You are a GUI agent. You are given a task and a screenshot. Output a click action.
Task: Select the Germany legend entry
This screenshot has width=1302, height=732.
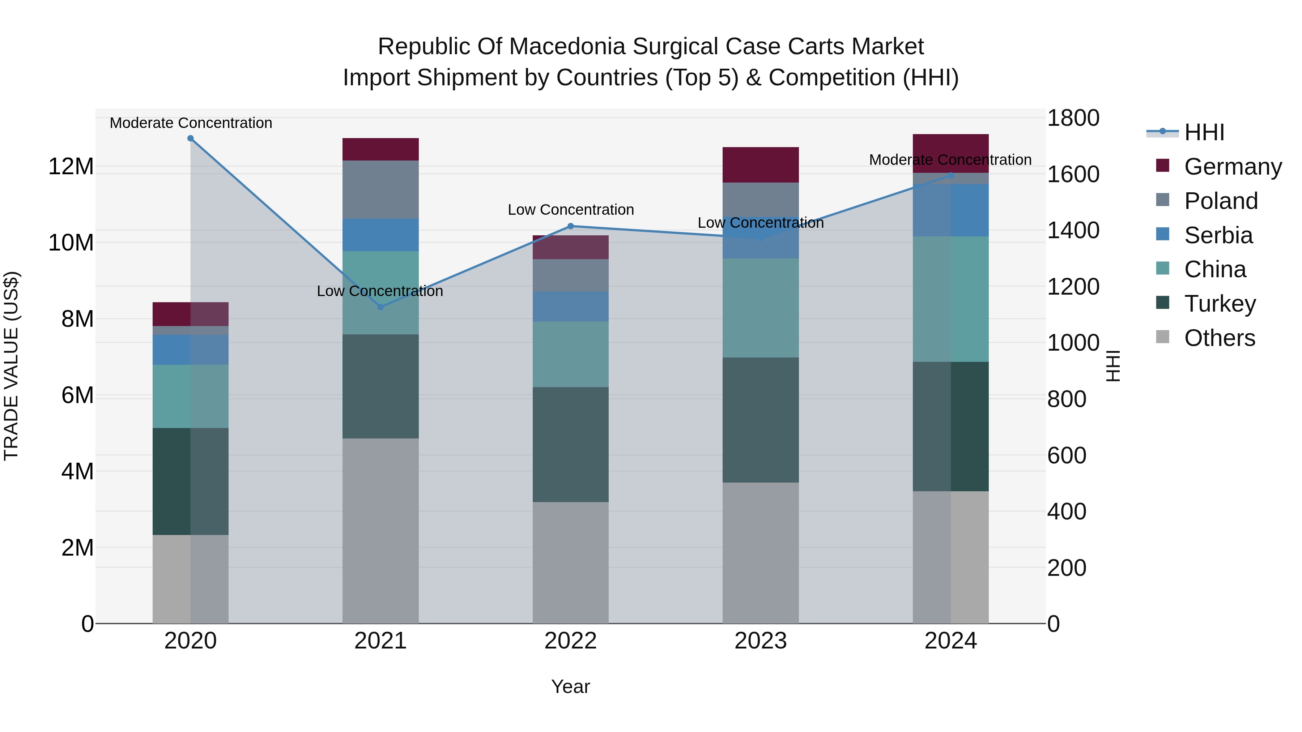point(1232,167)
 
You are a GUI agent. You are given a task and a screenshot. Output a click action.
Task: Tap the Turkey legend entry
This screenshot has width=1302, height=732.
point(1220,304)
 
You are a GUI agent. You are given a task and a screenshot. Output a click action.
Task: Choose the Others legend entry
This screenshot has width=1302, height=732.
point(1219,338)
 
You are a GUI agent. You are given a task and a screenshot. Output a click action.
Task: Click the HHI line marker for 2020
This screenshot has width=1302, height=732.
point(191,138)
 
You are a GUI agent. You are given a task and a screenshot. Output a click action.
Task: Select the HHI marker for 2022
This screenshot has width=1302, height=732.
point(571,226)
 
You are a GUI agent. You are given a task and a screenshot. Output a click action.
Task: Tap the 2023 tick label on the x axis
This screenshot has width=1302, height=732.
point(760,641)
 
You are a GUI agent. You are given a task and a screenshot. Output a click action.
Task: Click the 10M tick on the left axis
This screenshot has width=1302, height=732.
point(71,243)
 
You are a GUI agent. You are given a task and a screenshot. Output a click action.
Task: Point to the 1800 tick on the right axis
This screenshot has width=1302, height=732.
point(1073,118)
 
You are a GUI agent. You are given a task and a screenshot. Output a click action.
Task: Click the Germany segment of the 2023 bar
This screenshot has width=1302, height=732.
point(760,165)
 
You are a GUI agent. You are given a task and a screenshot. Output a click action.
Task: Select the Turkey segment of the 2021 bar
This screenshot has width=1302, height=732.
point(380,386)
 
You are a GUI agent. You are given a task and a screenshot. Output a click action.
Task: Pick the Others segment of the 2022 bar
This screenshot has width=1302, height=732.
point(571,562)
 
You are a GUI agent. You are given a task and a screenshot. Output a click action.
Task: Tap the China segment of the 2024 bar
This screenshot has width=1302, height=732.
point(950,299)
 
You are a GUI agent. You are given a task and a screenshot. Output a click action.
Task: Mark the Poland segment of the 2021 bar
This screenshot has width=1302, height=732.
point(380,190)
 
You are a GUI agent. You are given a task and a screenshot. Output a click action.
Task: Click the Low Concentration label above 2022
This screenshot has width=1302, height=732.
point(571,210)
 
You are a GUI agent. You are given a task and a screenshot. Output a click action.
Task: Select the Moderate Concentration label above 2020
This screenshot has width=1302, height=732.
point(191,123)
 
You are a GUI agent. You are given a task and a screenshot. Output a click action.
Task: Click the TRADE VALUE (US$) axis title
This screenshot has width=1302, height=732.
point(11,366)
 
